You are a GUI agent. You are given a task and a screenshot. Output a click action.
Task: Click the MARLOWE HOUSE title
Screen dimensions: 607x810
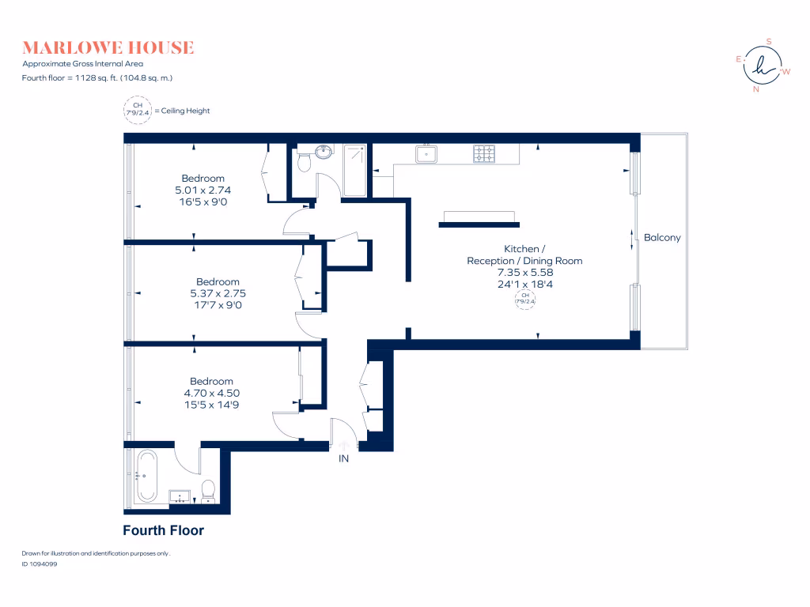pyautogui.click(x=108, y=47)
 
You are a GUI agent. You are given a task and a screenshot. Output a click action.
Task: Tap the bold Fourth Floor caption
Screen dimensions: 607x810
pyautogui.click(x=163, y=530)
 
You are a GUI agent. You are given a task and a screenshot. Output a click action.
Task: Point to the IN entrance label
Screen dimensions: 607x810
pyautogui.click(x=344, y=458)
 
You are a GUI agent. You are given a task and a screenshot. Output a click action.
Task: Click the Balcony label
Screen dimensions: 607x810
pyautogui.click(x=662, y=238)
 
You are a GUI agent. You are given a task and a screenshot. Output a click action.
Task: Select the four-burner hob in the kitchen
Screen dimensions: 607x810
pyautogui.click(x=484, y=153)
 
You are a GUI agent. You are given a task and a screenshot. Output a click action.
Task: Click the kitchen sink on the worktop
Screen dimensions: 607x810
pyautogui.click(x=427, y=153)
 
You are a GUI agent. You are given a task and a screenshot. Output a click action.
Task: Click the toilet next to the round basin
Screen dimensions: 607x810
pyautogui.click(x=303, y=162)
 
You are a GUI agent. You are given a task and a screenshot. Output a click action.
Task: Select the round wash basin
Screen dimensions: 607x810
pyautogui.click(x=323, y=152)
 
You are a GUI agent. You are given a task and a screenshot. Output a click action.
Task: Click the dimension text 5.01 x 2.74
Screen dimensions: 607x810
pyautogui.click(x=202, y=190)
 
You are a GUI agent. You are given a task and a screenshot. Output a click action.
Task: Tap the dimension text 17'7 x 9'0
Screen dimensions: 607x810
pyautogui.click(x=218, y=304)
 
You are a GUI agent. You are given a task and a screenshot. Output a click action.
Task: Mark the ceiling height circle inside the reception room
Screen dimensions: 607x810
pyautogui.click(x=524, y=299)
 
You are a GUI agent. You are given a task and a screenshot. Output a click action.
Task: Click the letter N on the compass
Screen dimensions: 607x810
pyautogui.click(x=756, y=89)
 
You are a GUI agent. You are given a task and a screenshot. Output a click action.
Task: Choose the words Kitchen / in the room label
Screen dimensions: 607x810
pyautogui.click(x=524, y=249)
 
